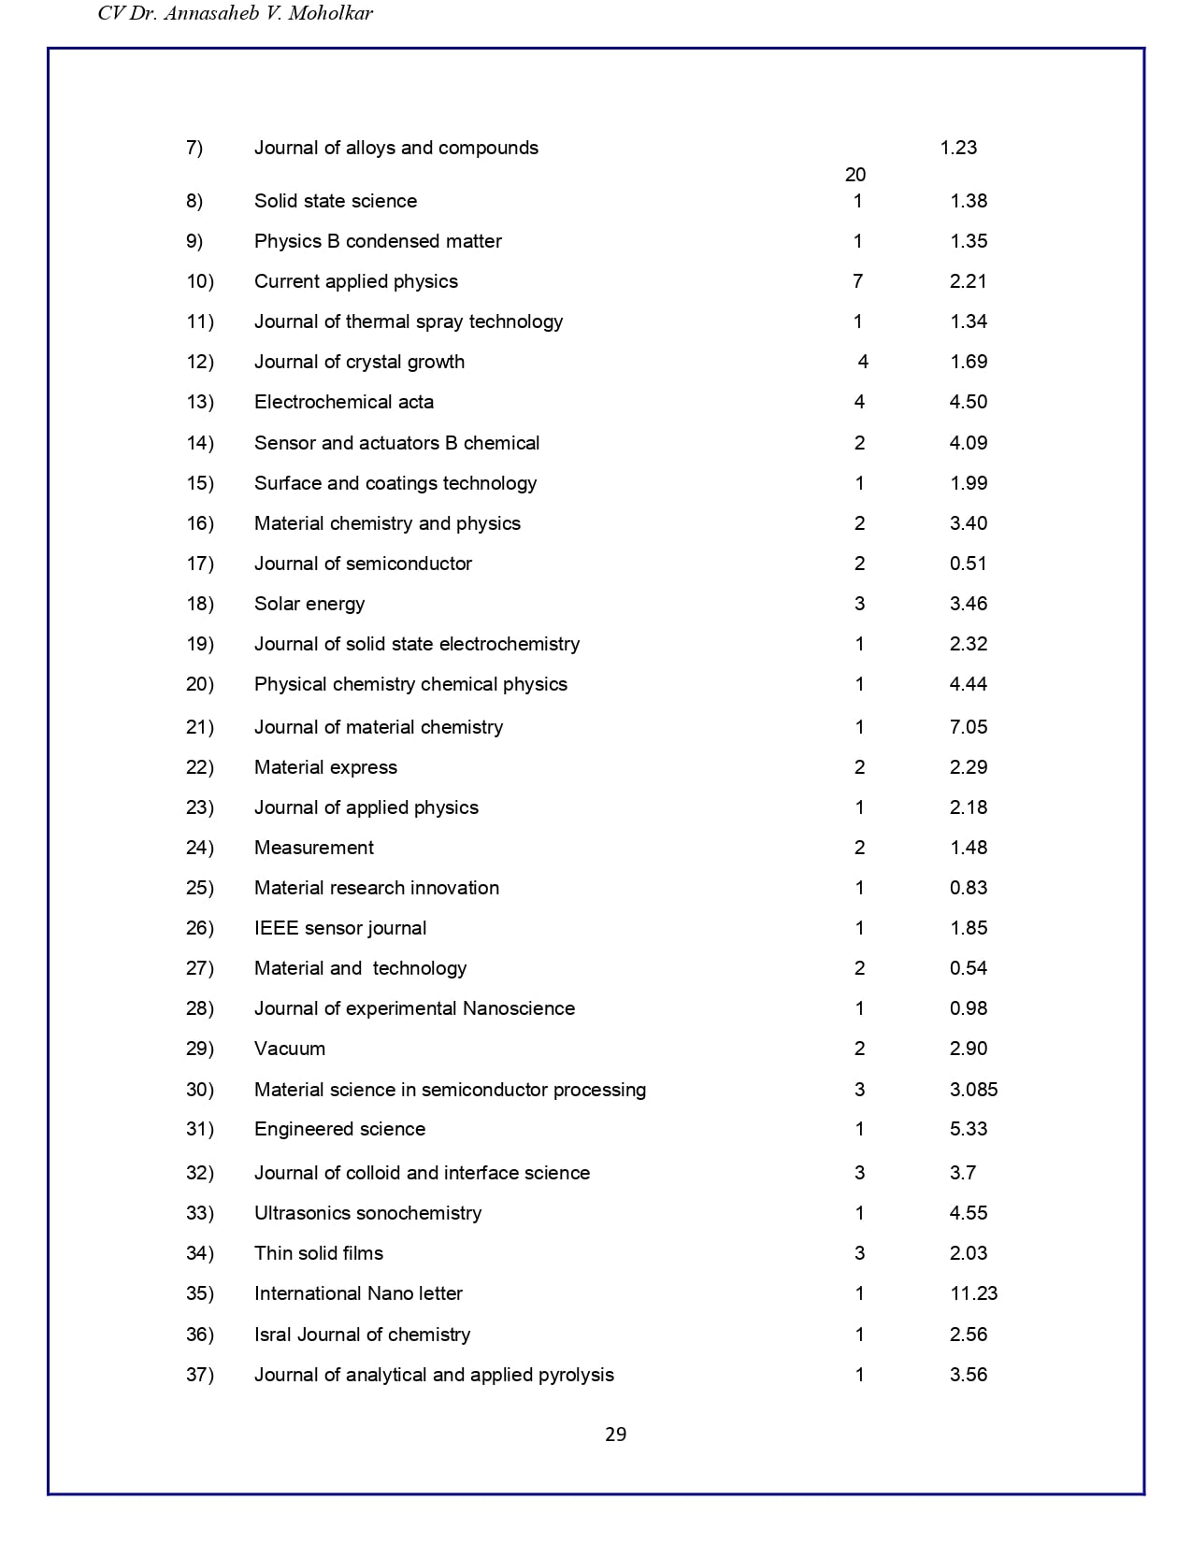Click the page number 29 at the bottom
[615, 1435]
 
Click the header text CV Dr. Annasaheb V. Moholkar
[236, 13]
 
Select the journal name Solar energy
[309, 604]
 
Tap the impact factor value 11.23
[973, 1293]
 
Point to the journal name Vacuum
[290, 1049]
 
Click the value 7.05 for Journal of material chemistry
[969, 727]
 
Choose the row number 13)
[200, 402]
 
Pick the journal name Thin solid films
[319, 1253]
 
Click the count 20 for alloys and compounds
[855, 175]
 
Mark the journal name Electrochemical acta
[344, 402]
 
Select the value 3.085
[973, 1090]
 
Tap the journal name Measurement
[314, 848]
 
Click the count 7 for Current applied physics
[858, 281]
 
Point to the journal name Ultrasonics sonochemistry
[368, 1213]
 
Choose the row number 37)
[200, 1375]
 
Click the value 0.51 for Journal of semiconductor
[969, 564]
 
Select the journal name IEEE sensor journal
[340, 928]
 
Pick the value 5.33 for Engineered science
[969, 1129]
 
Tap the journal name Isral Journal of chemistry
[363, 1335]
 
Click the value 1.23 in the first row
[958, 148]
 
